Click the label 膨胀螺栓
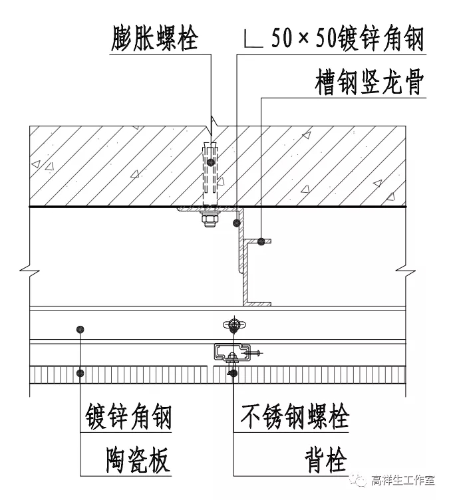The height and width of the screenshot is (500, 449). click(x=154, y=39)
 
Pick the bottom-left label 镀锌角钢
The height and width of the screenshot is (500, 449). click(x=128, y=418)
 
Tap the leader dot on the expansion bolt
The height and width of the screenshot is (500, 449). click(x=210, y=162)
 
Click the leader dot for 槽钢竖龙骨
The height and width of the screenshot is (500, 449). click(x=262, y=242)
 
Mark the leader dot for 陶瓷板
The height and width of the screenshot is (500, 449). click(x=80, y=373)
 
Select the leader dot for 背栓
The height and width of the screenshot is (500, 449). click(x=233, y=374)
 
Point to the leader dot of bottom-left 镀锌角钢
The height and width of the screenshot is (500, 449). click(x=80, y=329)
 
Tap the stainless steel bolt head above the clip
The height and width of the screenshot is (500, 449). click(x=233, y=324)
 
